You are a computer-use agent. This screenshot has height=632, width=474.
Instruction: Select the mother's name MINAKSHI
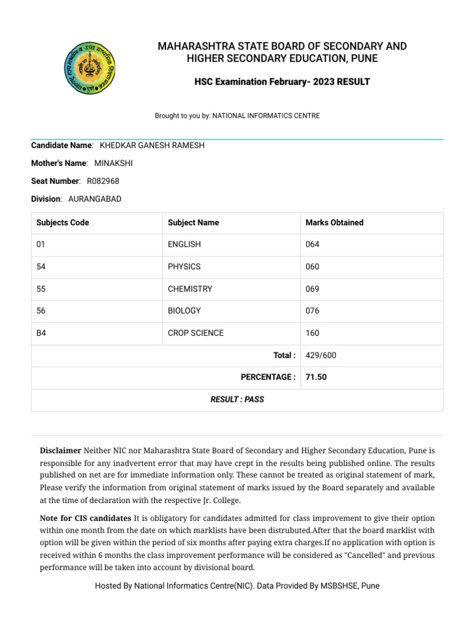click(114, 163)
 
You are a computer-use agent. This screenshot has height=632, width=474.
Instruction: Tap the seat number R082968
click(103, 181)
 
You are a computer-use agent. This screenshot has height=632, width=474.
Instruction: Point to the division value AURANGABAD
click(94, 199)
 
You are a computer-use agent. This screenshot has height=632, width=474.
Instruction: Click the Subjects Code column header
click(63, 222)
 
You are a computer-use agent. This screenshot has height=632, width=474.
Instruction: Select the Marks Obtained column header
click(335, 222)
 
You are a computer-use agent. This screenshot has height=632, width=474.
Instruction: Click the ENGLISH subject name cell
click(185, 244)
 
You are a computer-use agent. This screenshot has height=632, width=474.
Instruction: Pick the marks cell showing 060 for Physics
click(313, 267)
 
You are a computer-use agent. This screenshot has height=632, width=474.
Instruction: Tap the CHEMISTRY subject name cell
click(190, 289)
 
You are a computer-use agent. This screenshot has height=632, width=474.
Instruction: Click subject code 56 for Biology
click(41, 311)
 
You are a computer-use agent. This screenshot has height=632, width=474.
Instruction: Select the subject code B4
click(41, 333)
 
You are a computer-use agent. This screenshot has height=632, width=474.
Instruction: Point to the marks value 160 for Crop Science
click(313, 333)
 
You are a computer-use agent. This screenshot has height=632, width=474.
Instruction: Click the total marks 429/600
click(321, 355)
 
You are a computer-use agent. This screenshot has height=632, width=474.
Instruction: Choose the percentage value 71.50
click(316, 377)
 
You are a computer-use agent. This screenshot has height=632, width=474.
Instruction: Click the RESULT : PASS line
click(237, 399)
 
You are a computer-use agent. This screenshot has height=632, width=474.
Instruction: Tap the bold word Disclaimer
click(60, 451)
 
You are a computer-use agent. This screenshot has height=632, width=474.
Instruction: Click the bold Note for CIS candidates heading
click(85, 518)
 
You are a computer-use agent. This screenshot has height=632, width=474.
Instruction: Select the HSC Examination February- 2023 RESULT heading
click(282, 81)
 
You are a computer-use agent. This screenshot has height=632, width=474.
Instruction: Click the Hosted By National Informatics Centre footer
click(237, 586)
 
